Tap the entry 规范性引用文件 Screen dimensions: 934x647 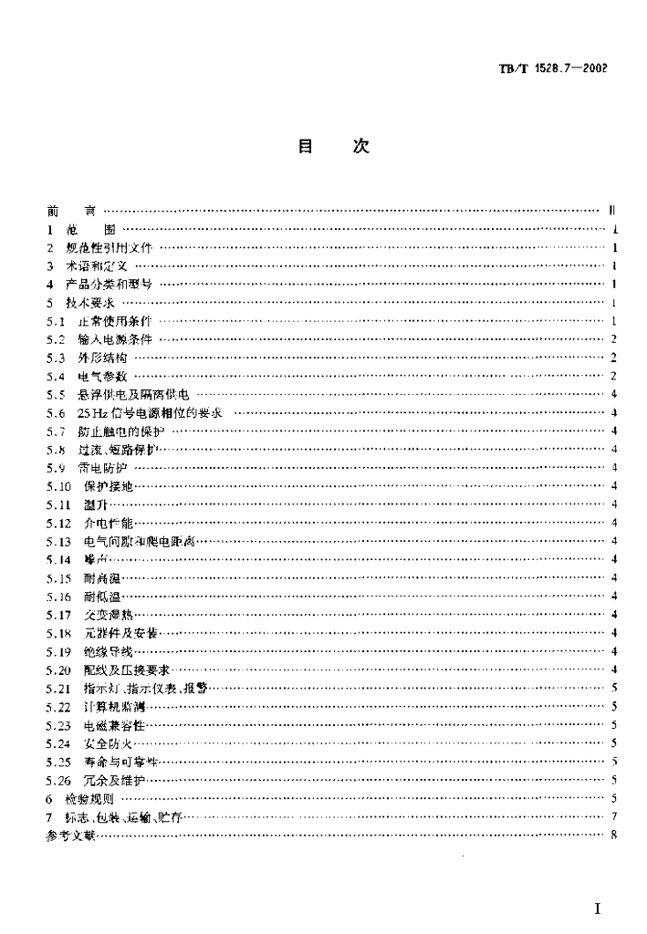[115, 247]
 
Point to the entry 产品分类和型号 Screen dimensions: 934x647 [114, 284]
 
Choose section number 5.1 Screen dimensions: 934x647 [54, 321]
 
